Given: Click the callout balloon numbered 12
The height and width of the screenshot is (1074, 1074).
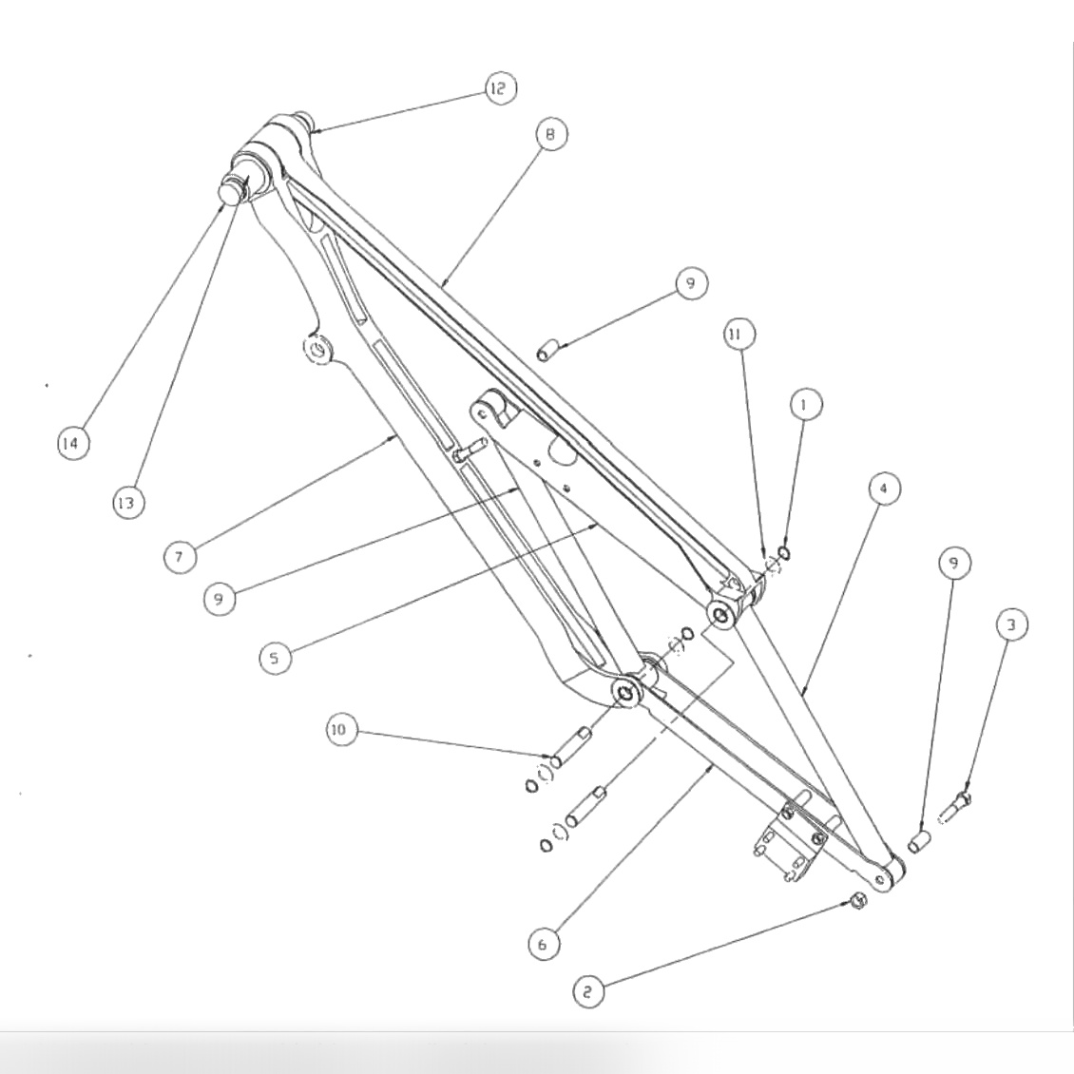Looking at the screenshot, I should [x=499, y=89].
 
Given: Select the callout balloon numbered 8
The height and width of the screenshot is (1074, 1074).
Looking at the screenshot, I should [x=549, y=134].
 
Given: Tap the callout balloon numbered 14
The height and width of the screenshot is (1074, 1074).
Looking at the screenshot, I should [x=73, y=443].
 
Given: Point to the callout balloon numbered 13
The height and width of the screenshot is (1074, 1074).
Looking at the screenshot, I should [x=126, y=503].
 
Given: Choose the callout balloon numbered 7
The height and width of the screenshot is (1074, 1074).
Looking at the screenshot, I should [x=180, y=556].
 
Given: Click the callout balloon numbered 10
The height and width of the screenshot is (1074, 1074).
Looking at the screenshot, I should [x=339, y=731].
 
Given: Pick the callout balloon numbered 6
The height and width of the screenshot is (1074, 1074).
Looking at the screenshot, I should [x=544, y=944].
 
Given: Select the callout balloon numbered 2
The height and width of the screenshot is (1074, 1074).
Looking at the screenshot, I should [x=588, y=992].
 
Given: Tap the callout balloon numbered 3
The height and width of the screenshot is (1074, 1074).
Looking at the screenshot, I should [x=1012, y=624].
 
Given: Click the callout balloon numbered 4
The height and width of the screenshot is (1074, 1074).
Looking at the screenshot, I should [x=884, y=489].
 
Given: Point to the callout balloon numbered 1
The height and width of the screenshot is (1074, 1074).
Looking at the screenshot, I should [x=806, y=404].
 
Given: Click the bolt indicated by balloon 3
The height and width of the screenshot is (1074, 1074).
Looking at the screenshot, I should [x=954, y=811].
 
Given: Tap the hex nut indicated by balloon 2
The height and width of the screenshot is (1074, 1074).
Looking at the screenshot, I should [x=856, y=900].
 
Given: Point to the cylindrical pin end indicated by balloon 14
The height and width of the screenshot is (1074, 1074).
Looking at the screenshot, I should [x=231, y=190].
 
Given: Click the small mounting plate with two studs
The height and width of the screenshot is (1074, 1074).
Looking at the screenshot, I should [x=789, y=841].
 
